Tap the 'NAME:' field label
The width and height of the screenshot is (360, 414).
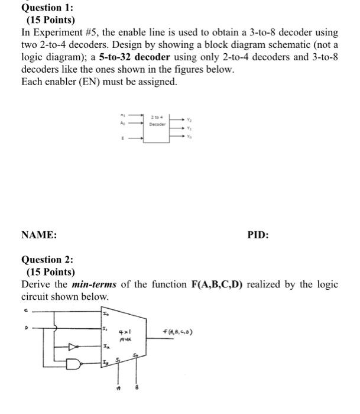click(x=39, y=235)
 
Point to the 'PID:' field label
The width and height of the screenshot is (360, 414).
click(x=258, y=235)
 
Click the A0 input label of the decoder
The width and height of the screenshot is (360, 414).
click(x=122, y=124)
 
